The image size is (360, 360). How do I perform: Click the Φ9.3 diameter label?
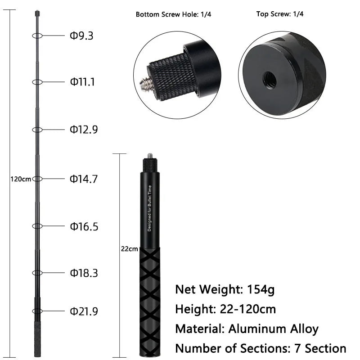coord(81,36)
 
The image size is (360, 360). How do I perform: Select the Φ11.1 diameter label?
coord(82,82)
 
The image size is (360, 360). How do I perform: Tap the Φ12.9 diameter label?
coord(83,130)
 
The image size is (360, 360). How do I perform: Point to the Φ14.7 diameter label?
coord(83,179)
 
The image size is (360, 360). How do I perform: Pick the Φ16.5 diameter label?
coord(83,226)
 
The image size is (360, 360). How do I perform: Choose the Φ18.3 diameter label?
coord(83,273)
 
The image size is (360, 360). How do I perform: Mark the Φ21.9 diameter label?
coord(83,311)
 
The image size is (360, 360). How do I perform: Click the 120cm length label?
coord(20,179)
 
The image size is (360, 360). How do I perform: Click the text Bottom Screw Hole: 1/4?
coord(173,14)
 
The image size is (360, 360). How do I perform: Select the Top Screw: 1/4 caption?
coord(280,14)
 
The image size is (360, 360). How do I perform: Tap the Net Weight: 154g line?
coord(225,289)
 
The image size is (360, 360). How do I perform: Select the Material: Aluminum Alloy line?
coord(247,328)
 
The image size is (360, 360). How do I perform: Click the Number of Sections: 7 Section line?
coord(261,348)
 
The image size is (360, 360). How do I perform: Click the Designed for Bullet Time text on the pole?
coord(150,208)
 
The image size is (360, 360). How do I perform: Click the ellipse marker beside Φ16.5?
coord(37,226)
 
